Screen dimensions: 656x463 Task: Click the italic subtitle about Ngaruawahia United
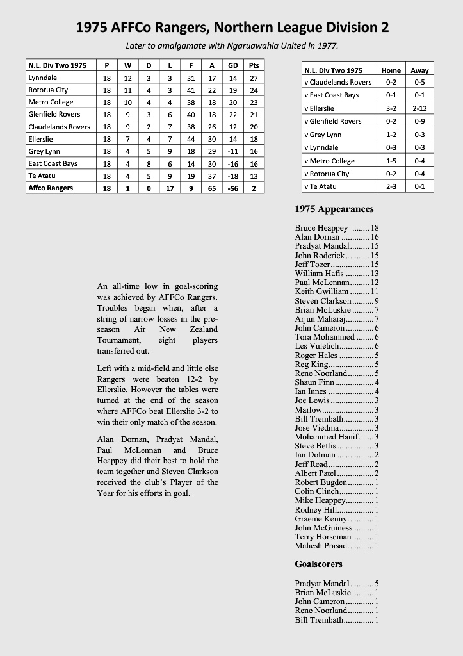coord(231,45)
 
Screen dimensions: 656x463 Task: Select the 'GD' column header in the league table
coord(232,65)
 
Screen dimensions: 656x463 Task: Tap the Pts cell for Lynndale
coord(254,78)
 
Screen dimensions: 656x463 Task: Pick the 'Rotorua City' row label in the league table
coord(48,90)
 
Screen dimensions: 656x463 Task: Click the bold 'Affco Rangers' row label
coord(51,188)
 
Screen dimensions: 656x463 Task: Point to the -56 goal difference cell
coord(232,188)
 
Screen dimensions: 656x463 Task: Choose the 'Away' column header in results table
coord(419,70)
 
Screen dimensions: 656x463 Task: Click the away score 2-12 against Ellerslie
coord(419,108)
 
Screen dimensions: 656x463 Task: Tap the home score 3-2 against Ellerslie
coord(391,108)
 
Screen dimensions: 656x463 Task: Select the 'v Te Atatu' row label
coord(320,186)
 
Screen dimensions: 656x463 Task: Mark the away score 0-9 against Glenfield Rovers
coord(419,121)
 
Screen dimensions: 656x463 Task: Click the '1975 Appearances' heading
coord(334,209)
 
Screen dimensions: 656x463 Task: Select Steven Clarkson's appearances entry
coord(337,300)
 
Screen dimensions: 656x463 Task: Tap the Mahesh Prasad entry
coord(337,545)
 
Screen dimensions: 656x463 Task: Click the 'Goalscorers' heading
coord(318,564)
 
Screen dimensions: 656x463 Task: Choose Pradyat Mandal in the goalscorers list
coord(337,584)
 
